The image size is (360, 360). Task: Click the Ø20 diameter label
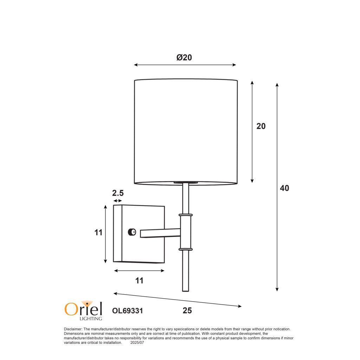(x=184, y=57)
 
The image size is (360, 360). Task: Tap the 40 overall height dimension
(x=284, y=188)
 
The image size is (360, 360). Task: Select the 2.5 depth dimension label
(x=118, y=193)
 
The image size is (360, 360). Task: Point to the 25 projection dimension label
(x=187, y=311)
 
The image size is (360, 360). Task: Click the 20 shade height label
(x=261, y=126)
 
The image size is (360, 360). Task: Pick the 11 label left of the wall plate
(x=98, y=232)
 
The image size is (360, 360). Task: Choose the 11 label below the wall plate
(x=140, y=281)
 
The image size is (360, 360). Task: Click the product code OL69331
(x=127, y=311)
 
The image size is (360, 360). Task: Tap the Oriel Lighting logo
(x=84, y=310)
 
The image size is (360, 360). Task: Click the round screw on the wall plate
(x=132, y=232)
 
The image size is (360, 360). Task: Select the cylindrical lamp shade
(x=186, y=132)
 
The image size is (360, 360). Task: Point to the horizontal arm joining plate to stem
(x=160, y=233)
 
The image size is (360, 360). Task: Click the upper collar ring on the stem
(x=186, y=214)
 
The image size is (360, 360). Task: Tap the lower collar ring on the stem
(x=186, y=249)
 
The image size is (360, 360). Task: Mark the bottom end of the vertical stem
(x=186, y=290)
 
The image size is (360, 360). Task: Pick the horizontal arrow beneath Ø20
(x=185, y=65)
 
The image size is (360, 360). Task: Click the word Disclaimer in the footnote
(x=73, y=329)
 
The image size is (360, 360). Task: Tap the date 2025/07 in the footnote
(x=137, y=342)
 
